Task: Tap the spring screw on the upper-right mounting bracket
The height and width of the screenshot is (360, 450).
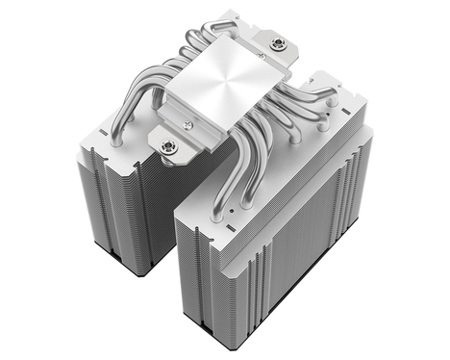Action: point(279,42)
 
